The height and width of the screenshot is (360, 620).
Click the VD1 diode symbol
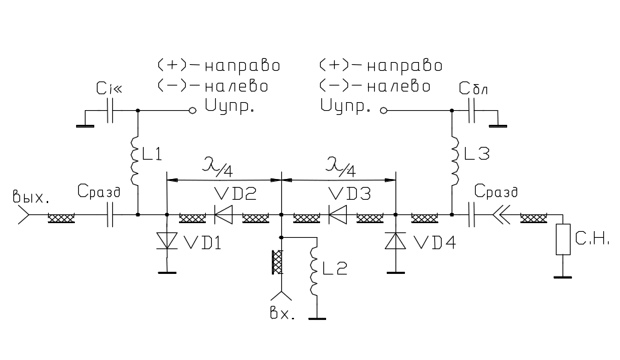[166, 241]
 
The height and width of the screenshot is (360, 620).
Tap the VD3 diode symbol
[337, 215]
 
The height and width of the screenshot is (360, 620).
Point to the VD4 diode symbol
[396, 240]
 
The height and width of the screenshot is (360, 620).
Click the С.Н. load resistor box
[563, 240]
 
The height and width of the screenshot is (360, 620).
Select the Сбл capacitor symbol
[472, 110]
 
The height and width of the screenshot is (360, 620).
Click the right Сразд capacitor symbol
[472, 215]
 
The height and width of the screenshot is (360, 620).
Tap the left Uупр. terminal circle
[192, 110]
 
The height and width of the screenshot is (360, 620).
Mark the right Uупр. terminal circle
[383, 110]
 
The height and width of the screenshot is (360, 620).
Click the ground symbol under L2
[317, 318]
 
